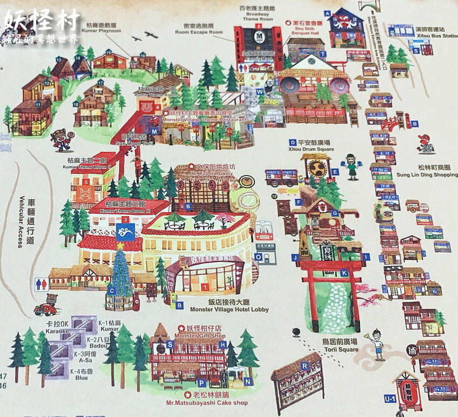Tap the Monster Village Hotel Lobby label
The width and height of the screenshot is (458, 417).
229,310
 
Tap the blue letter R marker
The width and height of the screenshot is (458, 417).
305,366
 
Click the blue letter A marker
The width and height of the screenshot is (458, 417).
327,13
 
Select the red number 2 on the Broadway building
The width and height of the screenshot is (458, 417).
259,26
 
